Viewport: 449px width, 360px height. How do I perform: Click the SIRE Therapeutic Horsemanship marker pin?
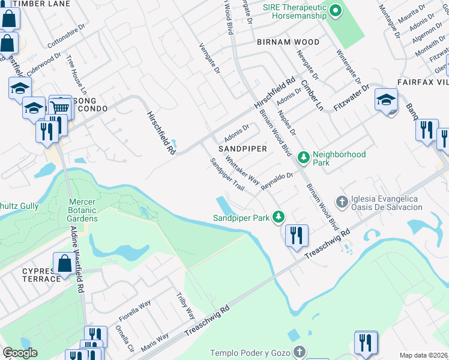(x=336, y=10)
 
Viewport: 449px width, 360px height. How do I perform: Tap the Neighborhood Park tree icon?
(x=304, y=158)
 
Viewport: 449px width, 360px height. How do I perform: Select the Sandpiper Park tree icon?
(x=278, y=216)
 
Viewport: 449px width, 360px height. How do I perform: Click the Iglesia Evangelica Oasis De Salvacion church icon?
(x=342, y=202)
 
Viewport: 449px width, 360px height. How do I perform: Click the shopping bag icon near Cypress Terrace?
(x=64, y=263)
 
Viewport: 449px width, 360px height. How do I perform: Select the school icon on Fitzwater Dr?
(x=386, y=100)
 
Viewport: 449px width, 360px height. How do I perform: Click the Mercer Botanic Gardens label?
(x=82, y=210)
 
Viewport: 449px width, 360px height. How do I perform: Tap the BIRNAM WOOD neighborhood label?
(x=288, y=43)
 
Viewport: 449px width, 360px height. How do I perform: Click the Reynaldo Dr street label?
(x=276, y=182)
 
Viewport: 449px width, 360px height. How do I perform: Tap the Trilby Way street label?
(x=185, y=306)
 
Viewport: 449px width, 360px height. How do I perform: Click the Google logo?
(x=20, y=353)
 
